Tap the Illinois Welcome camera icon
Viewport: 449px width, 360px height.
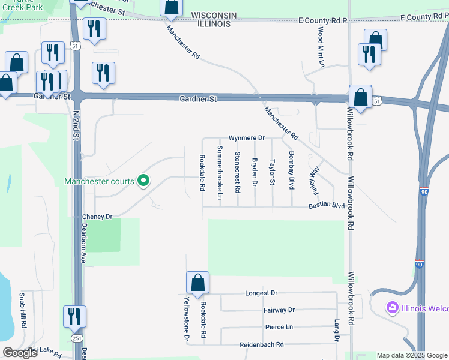pos(393,308)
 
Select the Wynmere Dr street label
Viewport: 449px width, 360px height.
pos(246,138)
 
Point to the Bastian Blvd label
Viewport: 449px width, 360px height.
pos(326,206)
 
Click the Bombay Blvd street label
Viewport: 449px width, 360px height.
pos(292,170)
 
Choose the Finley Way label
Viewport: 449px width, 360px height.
pos(313,181)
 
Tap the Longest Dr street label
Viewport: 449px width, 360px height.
pos(261,293)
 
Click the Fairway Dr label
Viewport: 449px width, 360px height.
pos(279,310)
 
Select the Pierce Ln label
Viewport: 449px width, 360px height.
pos(279,327)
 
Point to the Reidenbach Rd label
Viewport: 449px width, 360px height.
pos(261,344)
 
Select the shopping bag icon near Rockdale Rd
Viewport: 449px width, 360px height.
pos(197,283)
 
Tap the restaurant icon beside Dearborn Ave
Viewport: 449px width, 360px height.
pos(74,316)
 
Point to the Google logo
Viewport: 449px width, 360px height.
pos(20,353)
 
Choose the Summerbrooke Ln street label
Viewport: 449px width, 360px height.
pos(220,172)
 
